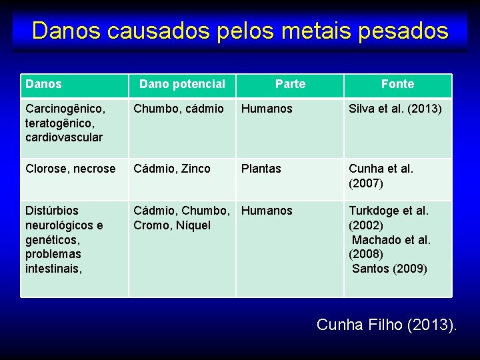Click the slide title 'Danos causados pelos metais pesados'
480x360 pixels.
click(240, 31)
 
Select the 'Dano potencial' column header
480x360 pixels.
click(182, 84)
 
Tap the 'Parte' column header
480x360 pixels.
click(290, 84)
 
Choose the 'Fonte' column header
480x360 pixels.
click(397, 84)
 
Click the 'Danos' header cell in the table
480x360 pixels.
click(43, 84)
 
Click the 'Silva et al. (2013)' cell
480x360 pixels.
click(395, 109)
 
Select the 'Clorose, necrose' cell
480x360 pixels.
click(70, 169)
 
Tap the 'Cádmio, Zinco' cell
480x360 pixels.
click(172, 169)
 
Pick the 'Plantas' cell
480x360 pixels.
click(261, 169)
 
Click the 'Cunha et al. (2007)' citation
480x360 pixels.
click(381, 176)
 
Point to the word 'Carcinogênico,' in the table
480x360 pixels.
click(64, 109)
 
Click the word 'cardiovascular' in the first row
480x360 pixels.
click(64, 137)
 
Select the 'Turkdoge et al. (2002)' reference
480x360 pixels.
click(389, 218)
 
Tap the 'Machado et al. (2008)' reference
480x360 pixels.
click(391, 247)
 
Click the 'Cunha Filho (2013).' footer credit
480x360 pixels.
click(387, 325)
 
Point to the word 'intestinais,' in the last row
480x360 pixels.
click(53, 269)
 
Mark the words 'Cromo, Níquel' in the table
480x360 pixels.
click(171, 225)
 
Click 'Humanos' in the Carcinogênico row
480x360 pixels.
click(267, 109)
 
